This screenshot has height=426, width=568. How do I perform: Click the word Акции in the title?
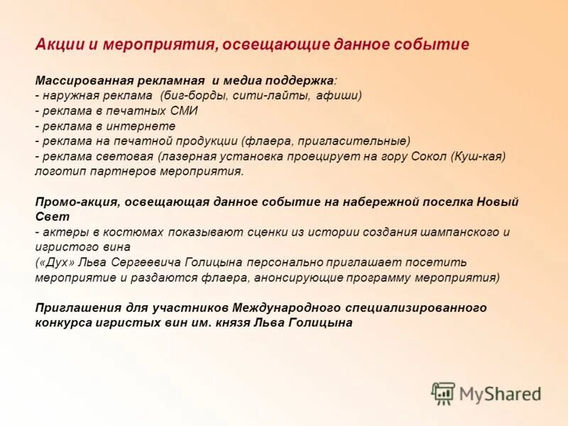pyautogui.click(x=59, y=45)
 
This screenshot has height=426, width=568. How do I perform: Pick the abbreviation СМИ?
pyautogui.click(x=183, y=111)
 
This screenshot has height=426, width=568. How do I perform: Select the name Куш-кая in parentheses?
pyautogui.click(x=477, y=156)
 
